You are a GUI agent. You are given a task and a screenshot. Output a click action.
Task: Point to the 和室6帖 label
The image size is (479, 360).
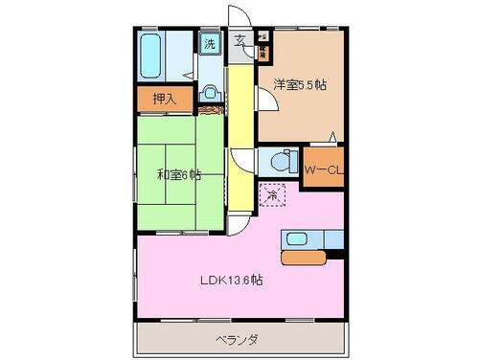click(179, 174)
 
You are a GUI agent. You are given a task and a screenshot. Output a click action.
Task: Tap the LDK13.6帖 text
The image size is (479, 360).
click(233, 281)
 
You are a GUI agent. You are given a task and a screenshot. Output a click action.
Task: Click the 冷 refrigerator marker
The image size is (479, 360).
click(273, 196)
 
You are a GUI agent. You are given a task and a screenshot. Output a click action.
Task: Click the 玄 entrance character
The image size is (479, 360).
click(239, 41)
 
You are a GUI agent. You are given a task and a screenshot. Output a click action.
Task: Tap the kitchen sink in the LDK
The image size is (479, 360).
click(297, 238)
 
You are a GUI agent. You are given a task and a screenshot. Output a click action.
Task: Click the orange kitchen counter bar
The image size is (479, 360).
click(305, 257)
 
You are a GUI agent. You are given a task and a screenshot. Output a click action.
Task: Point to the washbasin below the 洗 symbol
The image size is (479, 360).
click(211, 94)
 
